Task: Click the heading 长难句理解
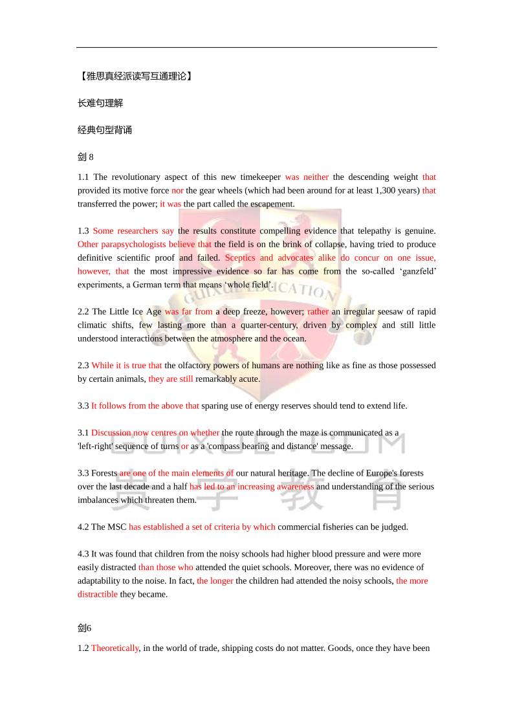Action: pyautogui.click(x=100, y=103)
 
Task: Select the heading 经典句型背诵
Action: pyautogui.click(x=105, y=130)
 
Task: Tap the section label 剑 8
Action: pyautogui.click(x=85, y=157)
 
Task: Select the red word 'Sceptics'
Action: pyautogui.click(x=240, y=258)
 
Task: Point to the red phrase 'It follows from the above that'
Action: pyautogui.click(x=145, y=406)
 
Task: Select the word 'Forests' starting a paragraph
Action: pyautogui.click(x=104, y=473)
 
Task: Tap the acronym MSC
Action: pyautogui.click(x=116, y=527)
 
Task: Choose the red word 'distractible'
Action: pyautogui.click(x=98, y=594)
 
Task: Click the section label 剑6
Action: pyautogui.click(x=85, y=628)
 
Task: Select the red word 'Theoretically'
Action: pyautogui.click(x=115, y=648)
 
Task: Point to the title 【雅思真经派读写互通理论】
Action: pyautogui.click(x=135, y=76)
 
